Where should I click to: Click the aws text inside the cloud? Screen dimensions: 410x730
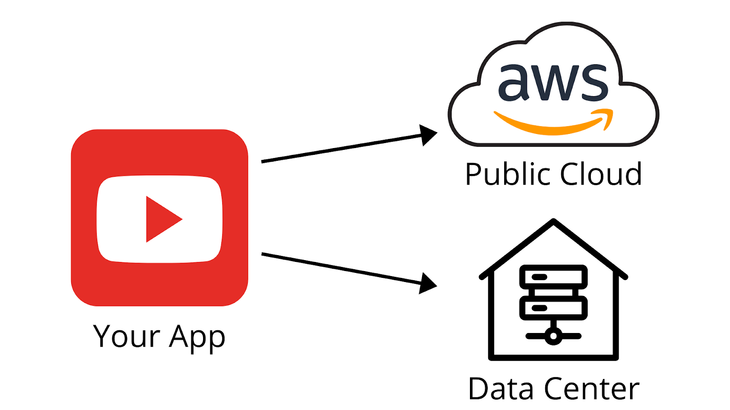coord(553,82)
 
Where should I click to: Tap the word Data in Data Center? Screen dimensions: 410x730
coord(501,389)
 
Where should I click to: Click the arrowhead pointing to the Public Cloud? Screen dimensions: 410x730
coord(428,135)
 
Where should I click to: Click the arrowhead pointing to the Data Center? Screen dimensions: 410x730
coord(427,284)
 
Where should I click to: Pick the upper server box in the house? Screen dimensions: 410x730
coord(553,277)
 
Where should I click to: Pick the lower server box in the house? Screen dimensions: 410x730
coord(553,308)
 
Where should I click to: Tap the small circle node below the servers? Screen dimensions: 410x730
coord(553,336)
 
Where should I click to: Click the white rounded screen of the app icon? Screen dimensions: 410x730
coord(114,219)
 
